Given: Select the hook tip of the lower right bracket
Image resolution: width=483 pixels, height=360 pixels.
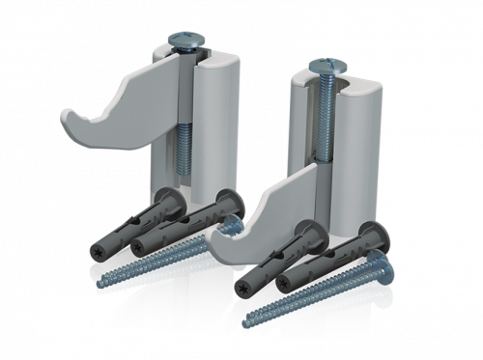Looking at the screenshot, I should [216, 249].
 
